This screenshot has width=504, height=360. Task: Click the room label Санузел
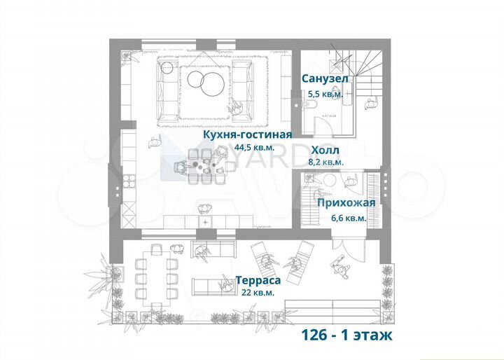point(325,78)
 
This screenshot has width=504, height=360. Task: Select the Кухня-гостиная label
point(248,134)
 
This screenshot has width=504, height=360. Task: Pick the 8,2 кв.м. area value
point(325,162)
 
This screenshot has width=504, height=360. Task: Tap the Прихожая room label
point(346,203)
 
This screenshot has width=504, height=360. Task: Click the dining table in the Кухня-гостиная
point(203,166)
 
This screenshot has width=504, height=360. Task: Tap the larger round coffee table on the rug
point(211,85)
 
